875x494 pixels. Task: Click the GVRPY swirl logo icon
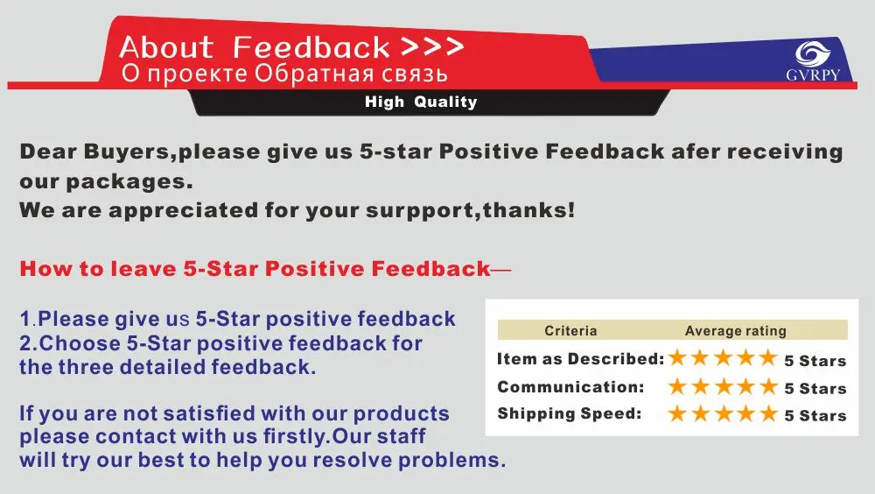[813, 54]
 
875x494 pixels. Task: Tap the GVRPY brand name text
[813, 74]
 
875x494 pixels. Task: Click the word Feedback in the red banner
[311, 47]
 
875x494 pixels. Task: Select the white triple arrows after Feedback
[432, 46]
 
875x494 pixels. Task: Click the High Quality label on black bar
[421, 102]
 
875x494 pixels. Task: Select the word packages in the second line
[129, 181]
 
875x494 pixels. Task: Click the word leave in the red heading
[143, 269]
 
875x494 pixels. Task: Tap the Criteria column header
[570, 331]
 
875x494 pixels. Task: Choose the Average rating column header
[736, 331]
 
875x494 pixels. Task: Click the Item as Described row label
[580, 359]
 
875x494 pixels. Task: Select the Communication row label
[570, 387]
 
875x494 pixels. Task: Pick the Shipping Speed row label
[570, 413]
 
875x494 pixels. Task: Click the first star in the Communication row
[677, 385]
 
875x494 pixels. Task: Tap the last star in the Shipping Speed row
[768, 413]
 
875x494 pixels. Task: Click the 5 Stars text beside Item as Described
[815, 361]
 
